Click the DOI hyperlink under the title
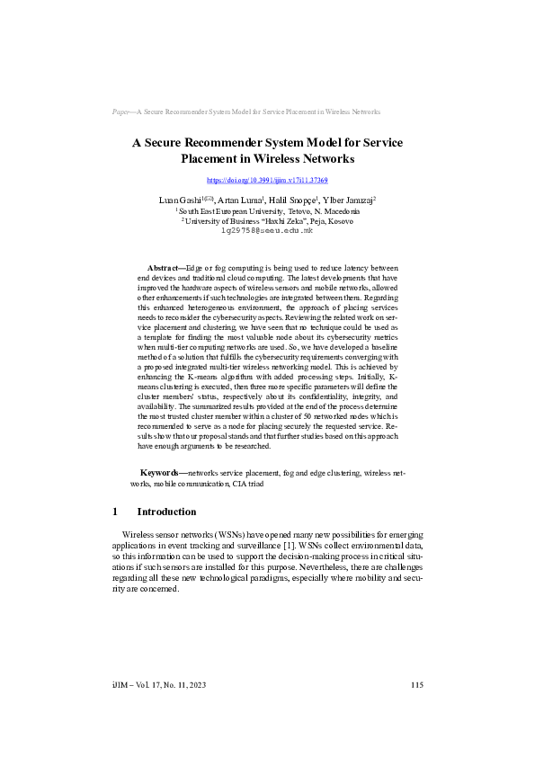267,181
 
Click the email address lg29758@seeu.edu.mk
267,231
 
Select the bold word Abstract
165,268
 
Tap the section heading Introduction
166,512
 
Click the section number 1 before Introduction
115,512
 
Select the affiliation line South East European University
268,210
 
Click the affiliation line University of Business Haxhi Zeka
268,220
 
